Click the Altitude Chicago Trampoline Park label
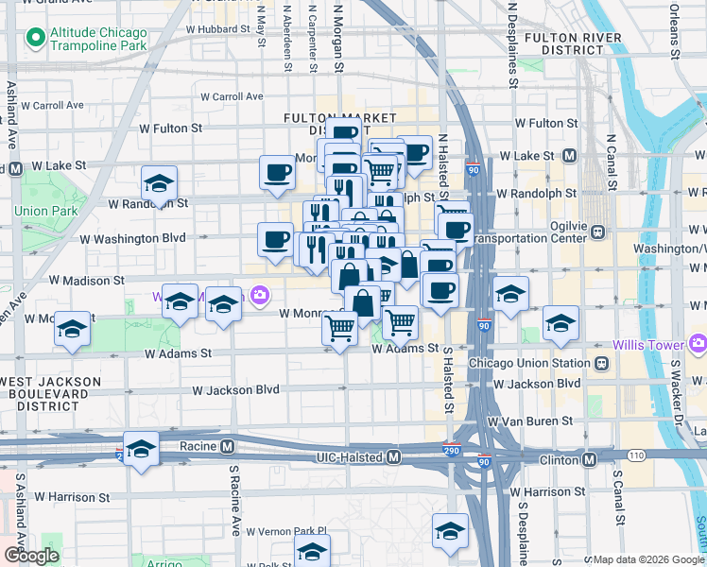99,38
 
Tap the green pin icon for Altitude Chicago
36,39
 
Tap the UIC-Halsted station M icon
394,457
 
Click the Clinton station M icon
589,459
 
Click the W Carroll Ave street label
231,96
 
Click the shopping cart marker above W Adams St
339,329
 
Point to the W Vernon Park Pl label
273,531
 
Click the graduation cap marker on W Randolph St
159,183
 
